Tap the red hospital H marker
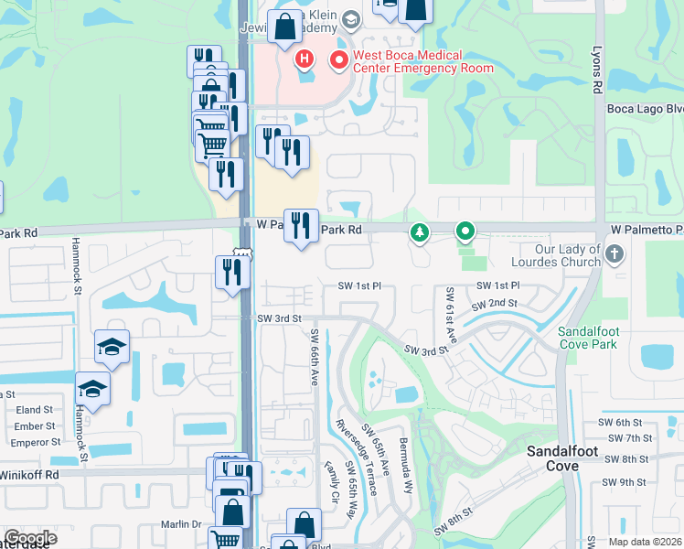pyautogui.click(x=305, y=60)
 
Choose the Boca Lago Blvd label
pyautogui.click(x=646, y=109)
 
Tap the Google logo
pyautogui.click(x=31, y=538)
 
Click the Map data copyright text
pyautogui.click(x=645, y=542)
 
